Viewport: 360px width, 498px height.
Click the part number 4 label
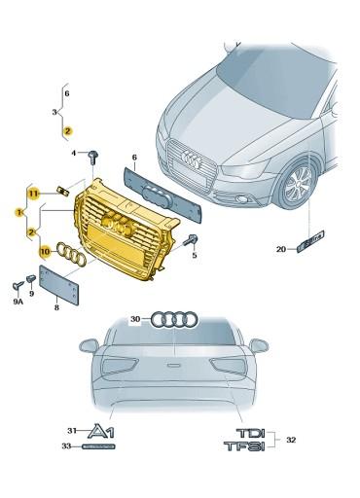73,154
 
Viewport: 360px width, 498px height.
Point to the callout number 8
56,307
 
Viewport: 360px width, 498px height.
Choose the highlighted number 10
44,251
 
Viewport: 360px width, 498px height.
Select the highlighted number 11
32,195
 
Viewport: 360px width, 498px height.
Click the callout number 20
281,250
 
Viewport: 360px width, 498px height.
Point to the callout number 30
135,318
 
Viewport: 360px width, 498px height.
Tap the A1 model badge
101,431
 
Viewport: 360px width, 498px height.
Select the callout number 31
71,430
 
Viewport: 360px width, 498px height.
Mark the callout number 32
291,440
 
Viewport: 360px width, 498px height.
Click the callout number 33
67,447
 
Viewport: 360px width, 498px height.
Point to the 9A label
17,302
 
